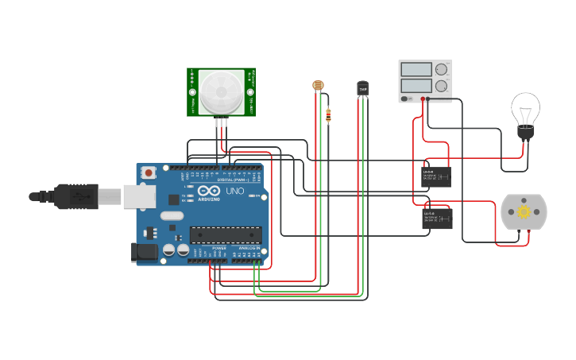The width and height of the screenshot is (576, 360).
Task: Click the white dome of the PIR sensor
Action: (221, 91)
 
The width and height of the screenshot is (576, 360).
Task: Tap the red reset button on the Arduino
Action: (149, 172)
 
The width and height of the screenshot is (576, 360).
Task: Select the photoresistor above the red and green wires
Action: (318, 85)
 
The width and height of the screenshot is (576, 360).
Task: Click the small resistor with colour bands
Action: (328, 116)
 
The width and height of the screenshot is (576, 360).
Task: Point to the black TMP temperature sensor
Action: (363, 88)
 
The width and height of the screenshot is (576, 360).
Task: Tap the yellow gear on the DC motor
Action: (524, 212)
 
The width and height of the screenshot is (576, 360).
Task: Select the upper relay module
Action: (436, 176)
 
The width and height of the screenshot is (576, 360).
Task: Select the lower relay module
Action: (436, 218)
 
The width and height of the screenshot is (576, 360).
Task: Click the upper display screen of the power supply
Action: (416, 70)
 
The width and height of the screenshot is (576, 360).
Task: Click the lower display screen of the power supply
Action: (416, 85)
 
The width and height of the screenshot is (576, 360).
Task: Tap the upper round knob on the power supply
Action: (441, 70)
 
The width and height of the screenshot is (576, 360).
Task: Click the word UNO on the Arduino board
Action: (235, 192)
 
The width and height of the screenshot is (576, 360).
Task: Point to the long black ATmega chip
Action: (225, 234)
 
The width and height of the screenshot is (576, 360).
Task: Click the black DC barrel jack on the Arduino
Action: (144, 254)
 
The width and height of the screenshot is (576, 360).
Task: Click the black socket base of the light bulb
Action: (525, 134)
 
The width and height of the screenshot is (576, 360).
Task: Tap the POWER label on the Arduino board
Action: (218, 249)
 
